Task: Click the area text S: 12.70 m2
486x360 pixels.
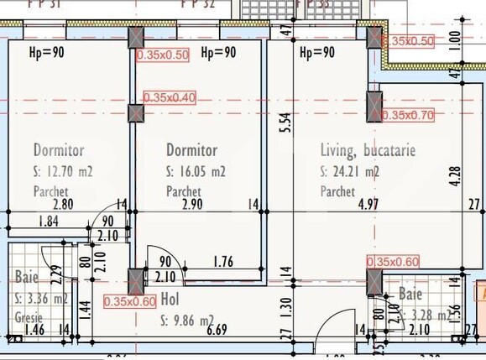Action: click(x=63, y=173)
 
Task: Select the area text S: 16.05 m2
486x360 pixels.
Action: click(x=196, y=173)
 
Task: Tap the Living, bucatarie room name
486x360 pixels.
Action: click(x=368, y=151)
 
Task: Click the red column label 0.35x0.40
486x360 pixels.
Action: click(x=170, y=97)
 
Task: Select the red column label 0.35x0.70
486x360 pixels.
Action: click(x=408, y=114)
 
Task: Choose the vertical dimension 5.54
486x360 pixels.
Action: click(x=285, y=123)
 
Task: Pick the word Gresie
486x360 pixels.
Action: click(x=29, y=317)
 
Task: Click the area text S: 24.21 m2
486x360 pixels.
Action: click(x=350, y=173)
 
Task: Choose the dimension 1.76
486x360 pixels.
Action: click(x=222, y=262)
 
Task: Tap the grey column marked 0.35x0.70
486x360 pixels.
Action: click(x=374, y=107)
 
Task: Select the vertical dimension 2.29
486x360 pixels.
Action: click(x=55, y=273)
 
